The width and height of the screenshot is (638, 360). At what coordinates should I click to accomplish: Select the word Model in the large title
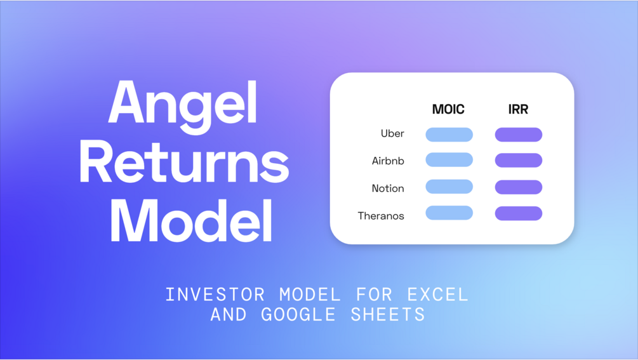191,221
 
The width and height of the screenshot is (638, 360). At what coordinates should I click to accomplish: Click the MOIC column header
448,109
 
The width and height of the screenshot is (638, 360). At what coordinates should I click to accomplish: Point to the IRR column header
518,109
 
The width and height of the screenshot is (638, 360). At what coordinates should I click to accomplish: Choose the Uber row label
392,133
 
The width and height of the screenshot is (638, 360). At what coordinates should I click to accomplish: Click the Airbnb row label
388,161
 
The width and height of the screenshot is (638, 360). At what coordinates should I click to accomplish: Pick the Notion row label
388,189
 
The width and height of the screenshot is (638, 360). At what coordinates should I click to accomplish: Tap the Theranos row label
381,216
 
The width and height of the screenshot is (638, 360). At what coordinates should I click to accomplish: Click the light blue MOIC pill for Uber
449,135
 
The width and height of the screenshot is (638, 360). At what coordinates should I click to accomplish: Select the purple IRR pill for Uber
519,135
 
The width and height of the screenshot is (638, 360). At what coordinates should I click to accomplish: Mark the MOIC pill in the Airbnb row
449,160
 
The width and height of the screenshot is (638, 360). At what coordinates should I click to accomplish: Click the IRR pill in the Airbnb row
519,160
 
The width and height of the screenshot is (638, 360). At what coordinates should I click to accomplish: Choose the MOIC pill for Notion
449,187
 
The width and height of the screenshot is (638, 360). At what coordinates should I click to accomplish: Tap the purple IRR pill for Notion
519,187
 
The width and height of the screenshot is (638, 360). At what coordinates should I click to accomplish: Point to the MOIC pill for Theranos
449,213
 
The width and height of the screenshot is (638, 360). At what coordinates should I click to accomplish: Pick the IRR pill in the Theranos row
519,213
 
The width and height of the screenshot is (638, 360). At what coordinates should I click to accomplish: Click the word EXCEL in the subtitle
438,295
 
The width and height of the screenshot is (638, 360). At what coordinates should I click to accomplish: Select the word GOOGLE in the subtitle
298,314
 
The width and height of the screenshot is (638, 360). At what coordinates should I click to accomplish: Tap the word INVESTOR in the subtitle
215,295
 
